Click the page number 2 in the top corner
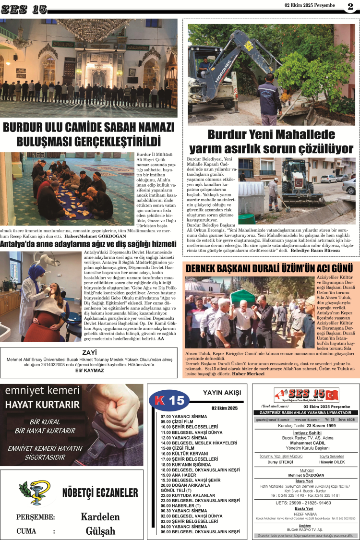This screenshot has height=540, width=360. (x=350, y=6)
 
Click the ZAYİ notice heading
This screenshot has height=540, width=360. (x=88, y=351)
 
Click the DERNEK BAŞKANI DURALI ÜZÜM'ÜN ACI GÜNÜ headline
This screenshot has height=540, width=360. (x=269, y=268)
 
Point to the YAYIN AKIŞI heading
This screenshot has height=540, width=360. (x=221, y=392)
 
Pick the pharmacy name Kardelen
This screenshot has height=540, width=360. (x=100, y=517)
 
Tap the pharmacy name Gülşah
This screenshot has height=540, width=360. (x=100, y=531)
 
